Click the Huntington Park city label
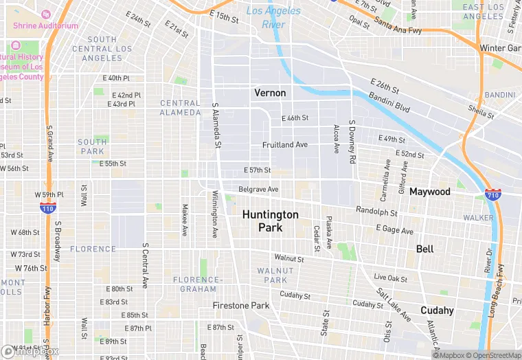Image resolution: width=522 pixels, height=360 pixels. pos(270,221)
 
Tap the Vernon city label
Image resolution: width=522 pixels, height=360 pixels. pos(270,92)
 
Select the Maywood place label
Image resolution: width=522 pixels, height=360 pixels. pos(430,191)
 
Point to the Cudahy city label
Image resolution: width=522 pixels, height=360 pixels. pos(438,310)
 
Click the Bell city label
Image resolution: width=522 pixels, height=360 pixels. pos(425,249)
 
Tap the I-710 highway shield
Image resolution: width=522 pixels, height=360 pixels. pos(491,194)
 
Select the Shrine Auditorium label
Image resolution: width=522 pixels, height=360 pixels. pos(49,25)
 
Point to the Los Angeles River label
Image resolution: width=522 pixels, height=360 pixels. pos(274,17)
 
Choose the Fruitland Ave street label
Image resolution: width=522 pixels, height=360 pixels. pos(285,145)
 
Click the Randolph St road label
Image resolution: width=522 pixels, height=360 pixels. pos(376,212)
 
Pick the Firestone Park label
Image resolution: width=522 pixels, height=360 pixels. pos(241,305)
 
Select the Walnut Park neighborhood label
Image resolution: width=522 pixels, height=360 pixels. pos(275,275)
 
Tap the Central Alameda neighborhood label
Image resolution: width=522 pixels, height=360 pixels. pos(181,108)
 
